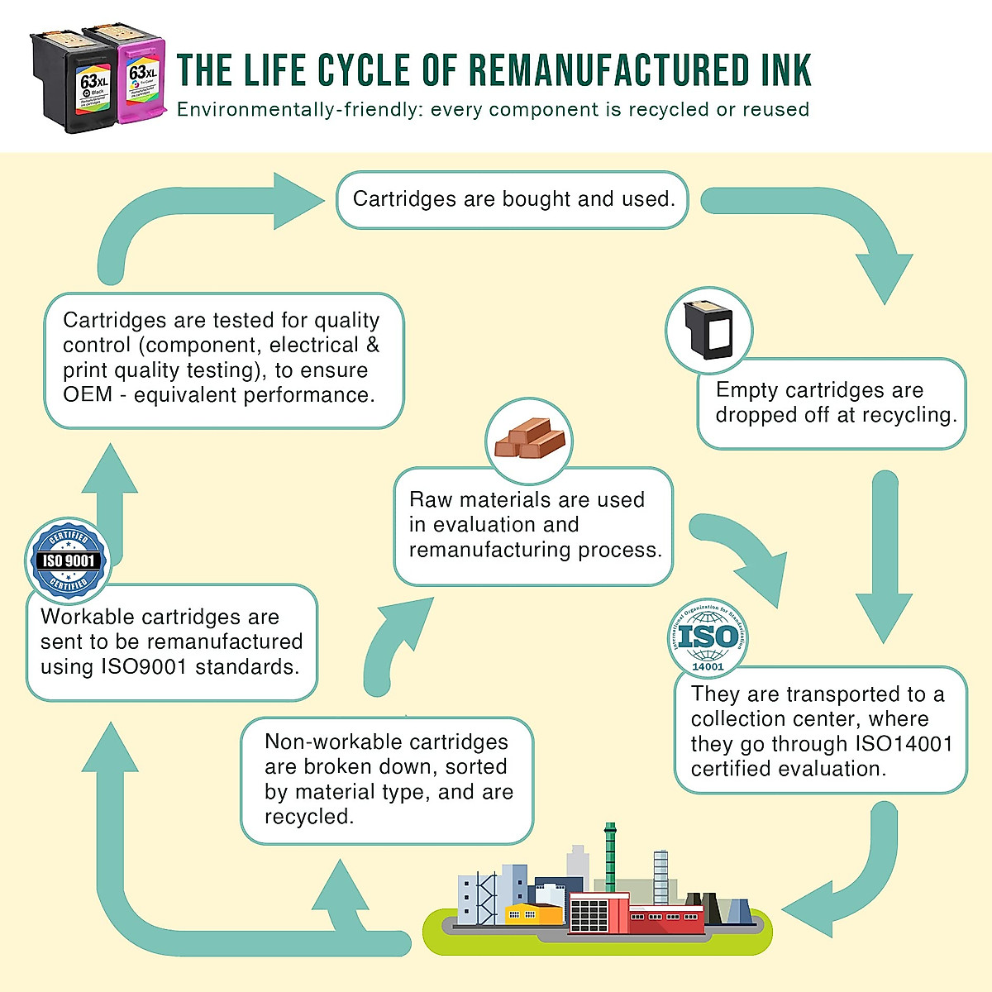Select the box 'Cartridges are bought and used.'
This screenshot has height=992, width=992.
pos(513,199)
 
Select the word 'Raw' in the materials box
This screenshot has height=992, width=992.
pos(431,500)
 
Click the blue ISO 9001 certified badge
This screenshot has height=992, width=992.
pos(69,560)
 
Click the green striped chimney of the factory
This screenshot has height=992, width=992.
pos(610,856)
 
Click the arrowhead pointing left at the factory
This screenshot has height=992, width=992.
pos(806,909)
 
